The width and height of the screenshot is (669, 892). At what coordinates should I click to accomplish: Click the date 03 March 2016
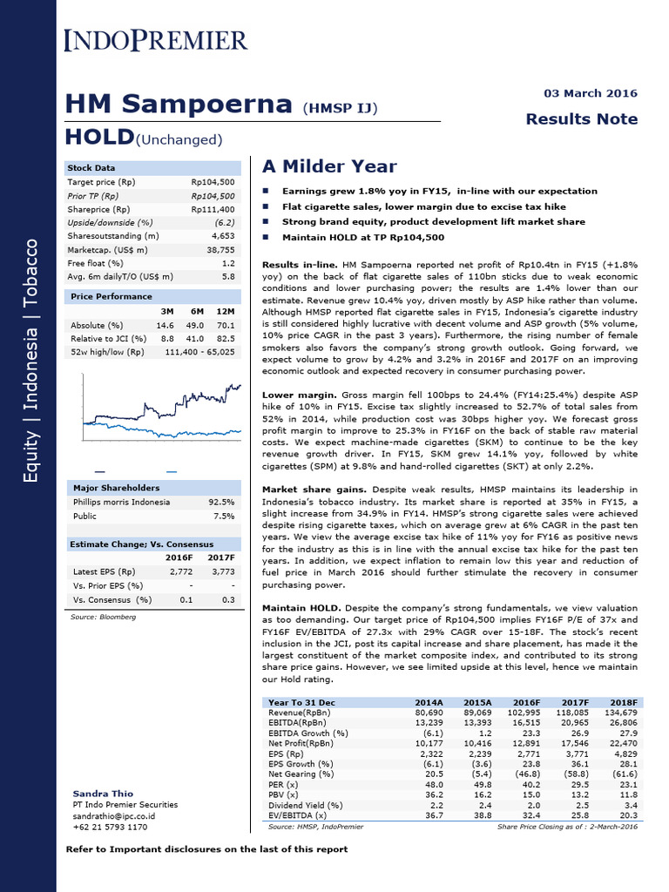pos(590,93)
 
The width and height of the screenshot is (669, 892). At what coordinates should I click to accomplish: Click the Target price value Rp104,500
pos(213,182)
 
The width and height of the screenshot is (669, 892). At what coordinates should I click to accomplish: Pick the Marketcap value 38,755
pos(218,249)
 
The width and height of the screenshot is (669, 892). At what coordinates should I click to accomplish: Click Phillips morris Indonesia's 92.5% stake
pos(221,502)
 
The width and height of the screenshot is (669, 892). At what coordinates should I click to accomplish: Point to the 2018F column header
pos(623,702)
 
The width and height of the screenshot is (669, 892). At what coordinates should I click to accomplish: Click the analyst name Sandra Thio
pos(103,794)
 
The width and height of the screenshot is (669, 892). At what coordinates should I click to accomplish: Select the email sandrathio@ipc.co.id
pos(114,816)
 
